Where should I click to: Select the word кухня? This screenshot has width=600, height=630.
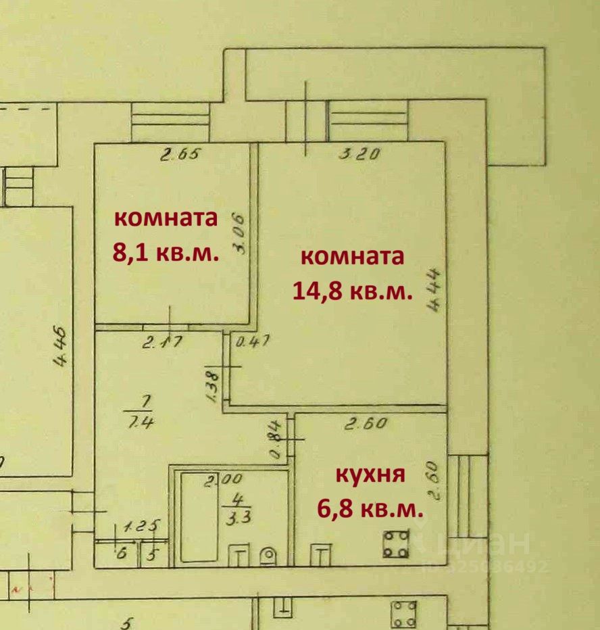point(371,475)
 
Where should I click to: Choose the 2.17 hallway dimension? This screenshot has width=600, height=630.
point(161,343)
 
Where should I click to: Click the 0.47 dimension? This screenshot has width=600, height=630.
point(253,342)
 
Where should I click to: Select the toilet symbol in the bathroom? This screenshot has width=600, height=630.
point(269,556)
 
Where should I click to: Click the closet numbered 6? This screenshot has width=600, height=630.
point(122,553)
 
